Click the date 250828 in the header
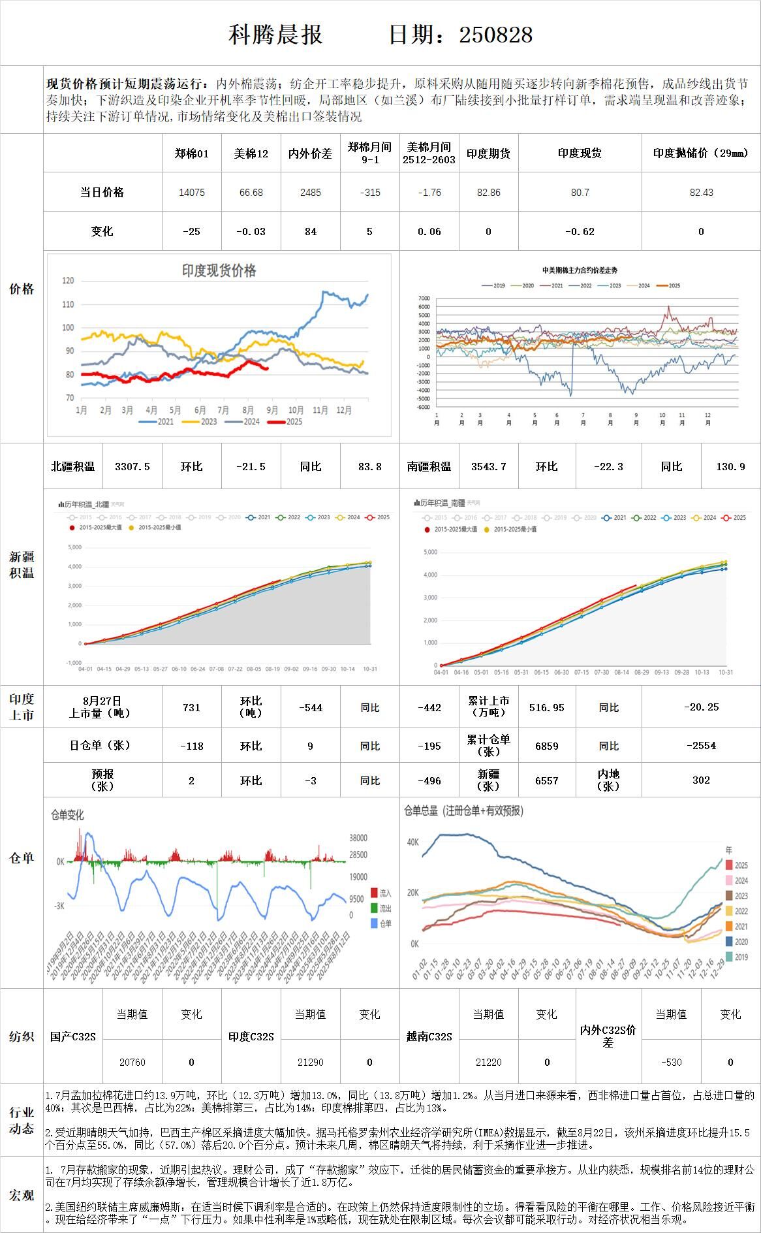pyautogui.click(x=495, y=35)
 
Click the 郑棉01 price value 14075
pyautogui.click(x=192, y=193)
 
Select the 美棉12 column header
pyautogui.click(x=251, y=153)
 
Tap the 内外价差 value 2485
pyautogui.click(x=310, y=193)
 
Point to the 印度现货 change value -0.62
pyautogui.click(x=580, y=231)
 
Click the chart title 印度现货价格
pyautogui.click(x=219, y=270)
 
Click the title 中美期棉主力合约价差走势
pyautogui.click(x=580, y=270)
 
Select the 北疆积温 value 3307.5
pyautogui.click(x=132, y=466)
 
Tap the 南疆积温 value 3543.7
pyautogui.click(x=488, y=466)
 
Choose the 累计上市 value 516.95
pyautogui.click(x=546, y=707)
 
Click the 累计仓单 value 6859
pyautogui.click(x=546, y=746)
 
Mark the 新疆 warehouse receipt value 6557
pyautogui.click(x=546, y=780)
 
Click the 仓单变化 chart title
pyautogui.click(x=67, y=815)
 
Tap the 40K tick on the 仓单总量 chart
pyautogui.click(x=412, y=842)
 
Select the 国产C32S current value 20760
pyautogui.click(x=132, y=1063)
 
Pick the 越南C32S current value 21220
pyautogui.click(x=488, y=1063)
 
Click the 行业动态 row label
pyautogui.click(x=22, y=1121)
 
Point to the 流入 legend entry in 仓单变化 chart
pyautogui.click(x=384, y=893)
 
